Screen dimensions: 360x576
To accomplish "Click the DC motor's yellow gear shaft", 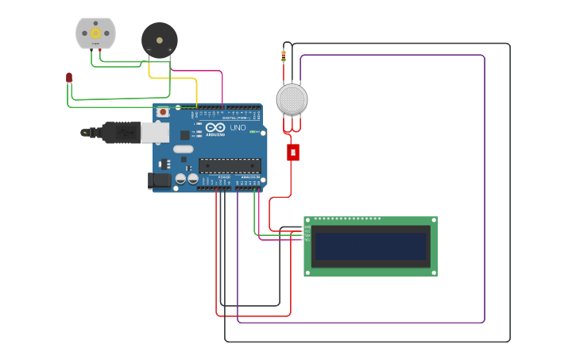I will point(95,33).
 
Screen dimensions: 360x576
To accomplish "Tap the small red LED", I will point(69,77).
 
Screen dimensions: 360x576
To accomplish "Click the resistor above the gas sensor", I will point(284,56).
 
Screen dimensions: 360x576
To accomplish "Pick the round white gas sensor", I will point(292,99).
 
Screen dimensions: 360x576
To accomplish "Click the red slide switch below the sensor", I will point(293,152).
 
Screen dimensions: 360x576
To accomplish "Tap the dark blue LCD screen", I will point(370,246).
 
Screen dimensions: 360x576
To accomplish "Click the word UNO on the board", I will point(238,127).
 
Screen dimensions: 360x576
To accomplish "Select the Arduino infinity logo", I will point(215,127).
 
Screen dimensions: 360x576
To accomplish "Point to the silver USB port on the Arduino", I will point(155,132).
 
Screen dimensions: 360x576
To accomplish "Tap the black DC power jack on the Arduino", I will point(160,180).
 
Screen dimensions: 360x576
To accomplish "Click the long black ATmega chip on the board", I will point(230,165).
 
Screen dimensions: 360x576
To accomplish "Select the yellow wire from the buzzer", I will point(171,78).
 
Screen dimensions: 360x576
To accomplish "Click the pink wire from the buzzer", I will point(199,71).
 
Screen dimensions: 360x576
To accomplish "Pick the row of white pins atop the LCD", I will point(347,219).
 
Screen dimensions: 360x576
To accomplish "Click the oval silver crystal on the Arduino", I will point(184,149).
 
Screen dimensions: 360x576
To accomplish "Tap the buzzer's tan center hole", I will point(159,39).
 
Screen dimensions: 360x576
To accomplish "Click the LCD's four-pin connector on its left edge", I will point(306,233).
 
